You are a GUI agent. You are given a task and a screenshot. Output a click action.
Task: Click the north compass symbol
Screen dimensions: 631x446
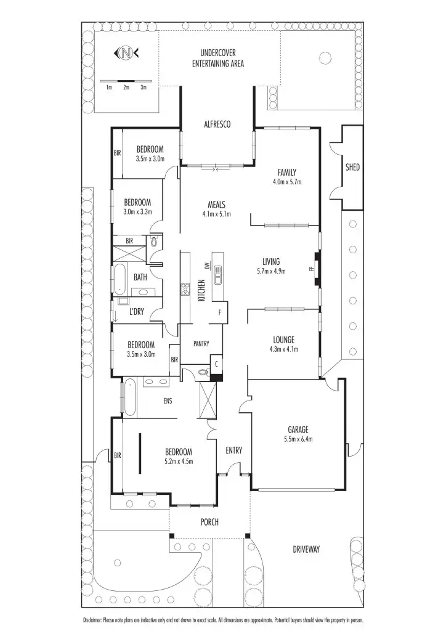pos(126,54)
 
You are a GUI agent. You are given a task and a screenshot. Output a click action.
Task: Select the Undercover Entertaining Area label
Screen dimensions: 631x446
pos(217,59)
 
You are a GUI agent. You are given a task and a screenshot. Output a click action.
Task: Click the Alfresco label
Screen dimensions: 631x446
pos(217,124)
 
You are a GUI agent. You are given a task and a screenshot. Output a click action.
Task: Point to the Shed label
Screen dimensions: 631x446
pos(352,167)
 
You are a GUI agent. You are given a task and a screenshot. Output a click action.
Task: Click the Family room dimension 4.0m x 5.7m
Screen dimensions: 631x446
pos(287,182)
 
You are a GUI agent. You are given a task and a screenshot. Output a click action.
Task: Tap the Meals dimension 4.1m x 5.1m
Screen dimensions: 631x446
pos(216,214)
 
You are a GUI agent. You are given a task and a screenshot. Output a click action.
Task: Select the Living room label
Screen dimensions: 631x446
pos(271,261)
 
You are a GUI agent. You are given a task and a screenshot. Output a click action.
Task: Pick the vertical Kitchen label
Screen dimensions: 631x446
pos(201,290)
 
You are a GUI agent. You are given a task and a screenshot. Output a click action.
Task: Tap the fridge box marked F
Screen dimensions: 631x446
pos(219,312)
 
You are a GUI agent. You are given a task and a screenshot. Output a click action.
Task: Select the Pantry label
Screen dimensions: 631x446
pos(201,344)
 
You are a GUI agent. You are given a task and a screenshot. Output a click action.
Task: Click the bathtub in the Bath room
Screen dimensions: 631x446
pos(119,279)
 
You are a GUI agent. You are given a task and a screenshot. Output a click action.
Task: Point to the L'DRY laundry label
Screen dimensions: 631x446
pos(136,312)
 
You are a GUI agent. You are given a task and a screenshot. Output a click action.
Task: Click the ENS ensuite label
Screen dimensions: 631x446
pos(167,401)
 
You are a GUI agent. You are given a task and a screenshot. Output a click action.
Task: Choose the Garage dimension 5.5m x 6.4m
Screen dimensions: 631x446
pos(298,439)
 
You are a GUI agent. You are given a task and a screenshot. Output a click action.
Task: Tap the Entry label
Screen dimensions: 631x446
pos(233,450)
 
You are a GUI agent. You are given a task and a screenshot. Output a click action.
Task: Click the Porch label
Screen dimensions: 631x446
pos(209,522)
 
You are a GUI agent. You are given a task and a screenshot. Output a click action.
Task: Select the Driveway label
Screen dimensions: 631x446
pos(306,549)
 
